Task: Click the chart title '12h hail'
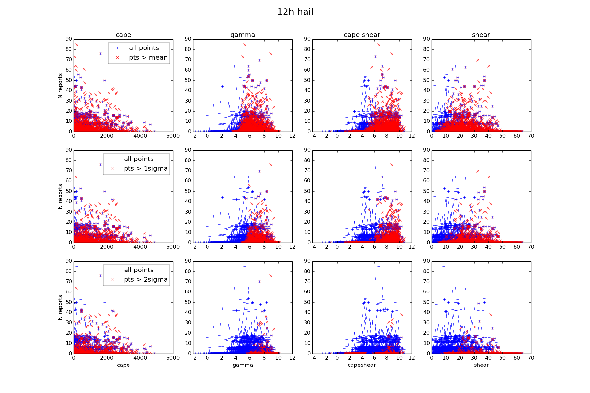click(295, 12)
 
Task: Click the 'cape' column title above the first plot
click(123, 35)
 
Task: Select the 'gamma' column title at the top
click(243, 35)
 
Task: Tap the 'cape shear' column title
click(362, 35)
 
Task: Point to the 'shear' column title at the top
click(481, 35)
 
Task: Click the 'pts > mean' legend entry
click(148, 58)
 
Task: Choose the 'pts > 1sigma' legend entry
click(146, 169)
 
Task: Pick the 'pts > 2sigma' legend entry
click(146, 280)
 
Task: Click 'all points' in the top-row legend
click(144, 48)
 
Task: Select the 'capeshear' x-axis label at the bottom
click(362, 365)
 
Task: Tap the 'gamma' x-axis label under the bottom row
click(243, 365)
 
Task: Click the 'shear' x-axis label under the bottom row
click(481, 365)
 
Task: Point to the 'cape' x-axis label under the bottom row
click(123, 365)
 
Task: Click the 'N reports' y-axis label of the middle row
click(60, 196)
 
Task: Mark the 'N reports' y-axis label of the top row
click(60, 86)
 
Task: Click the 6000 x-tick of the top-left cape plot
click(173, 136)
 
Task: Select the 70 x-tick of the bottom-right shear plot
click(531, 358)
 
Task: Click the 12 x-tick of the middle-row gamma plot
click(292, 247)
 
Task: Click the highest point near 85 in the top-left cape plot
click(77, 45)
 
